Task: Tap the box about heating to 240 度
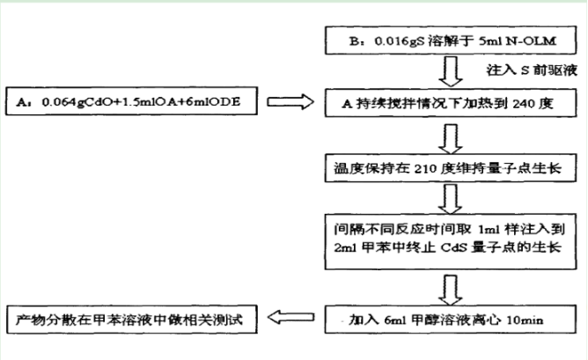coord(451,102)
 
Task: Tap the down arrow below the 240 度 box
coord(452,135)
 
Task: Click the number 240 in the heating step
coord(524,102)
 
